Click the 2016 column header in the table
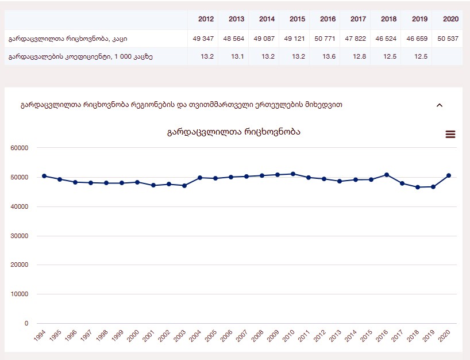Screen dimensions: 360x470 (328, 19)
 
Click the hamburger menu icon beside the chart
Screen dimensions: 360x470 (450, 134)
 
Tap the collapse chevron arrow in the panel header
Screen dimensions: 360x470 (440, 105)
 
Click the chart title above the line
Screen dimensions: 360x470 (234, 132)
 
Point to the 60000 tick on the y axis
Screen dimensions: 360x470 (20, 148)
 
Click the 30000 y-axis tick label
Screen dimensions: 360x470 (20, 236)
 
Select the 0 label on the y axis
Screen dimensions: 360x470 (26, 324)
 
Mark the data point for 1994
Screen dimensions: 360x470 (44, 176)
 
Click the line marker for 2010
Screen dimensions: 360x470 (293, 174)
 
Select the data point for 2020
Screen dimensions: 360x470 (449, 175)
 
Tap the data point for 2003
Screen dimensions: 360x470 (184, 186)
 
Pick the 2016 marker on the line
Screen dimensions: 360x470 (387, 175)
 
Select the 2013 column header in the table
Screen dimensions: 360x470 (236, 19)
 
